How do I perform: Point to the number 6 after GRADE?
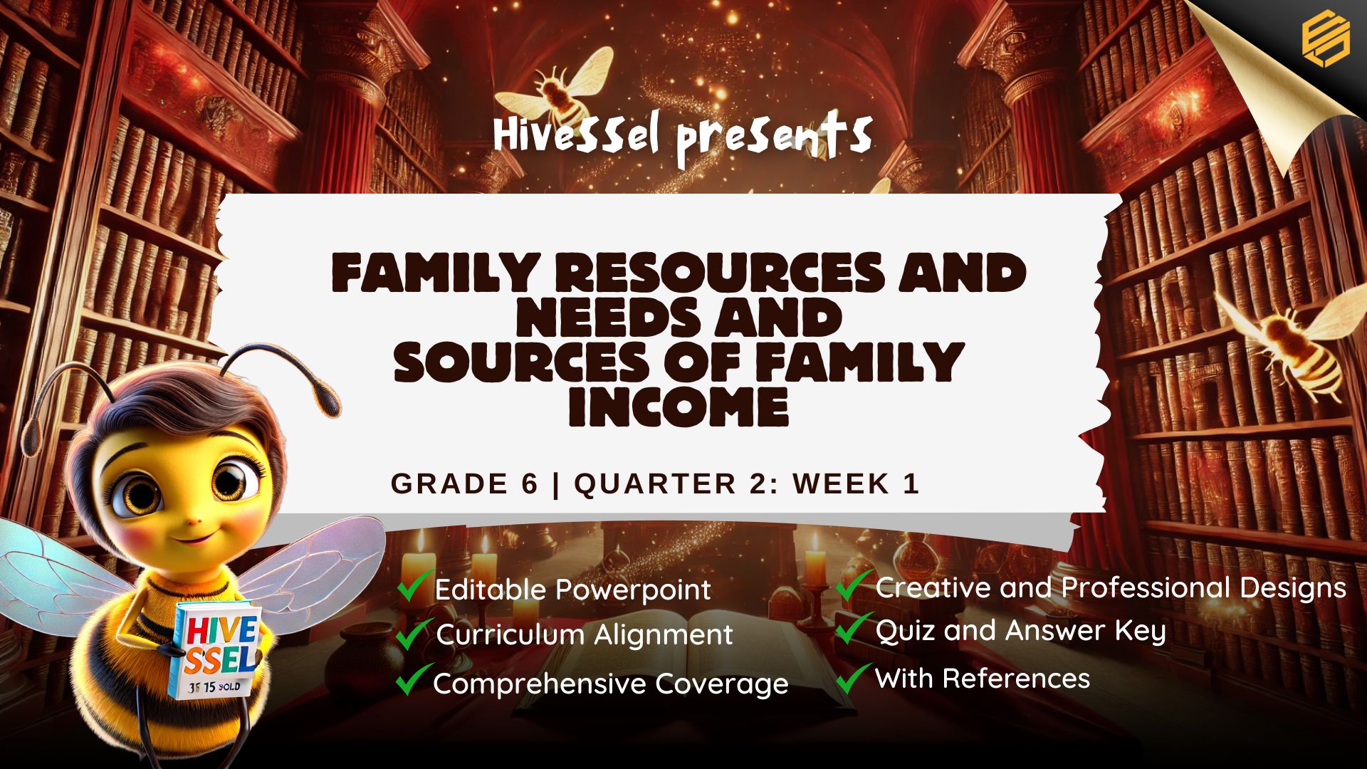pos(529,483)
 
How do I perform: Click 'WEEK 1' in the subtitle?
pos(857,483)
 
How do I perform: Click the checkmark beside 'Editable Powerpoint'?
pos(415,585)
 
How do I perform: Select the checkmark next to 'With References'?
pos(854,678)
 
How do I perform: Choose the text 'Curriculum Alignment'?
pos(584,634)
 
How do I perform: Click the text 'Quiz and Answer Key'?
pos(1020,631)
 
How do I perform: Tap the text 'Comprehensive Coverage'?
pos(611,684)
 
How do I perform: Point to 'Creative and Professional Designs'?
pos(1111,588)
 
